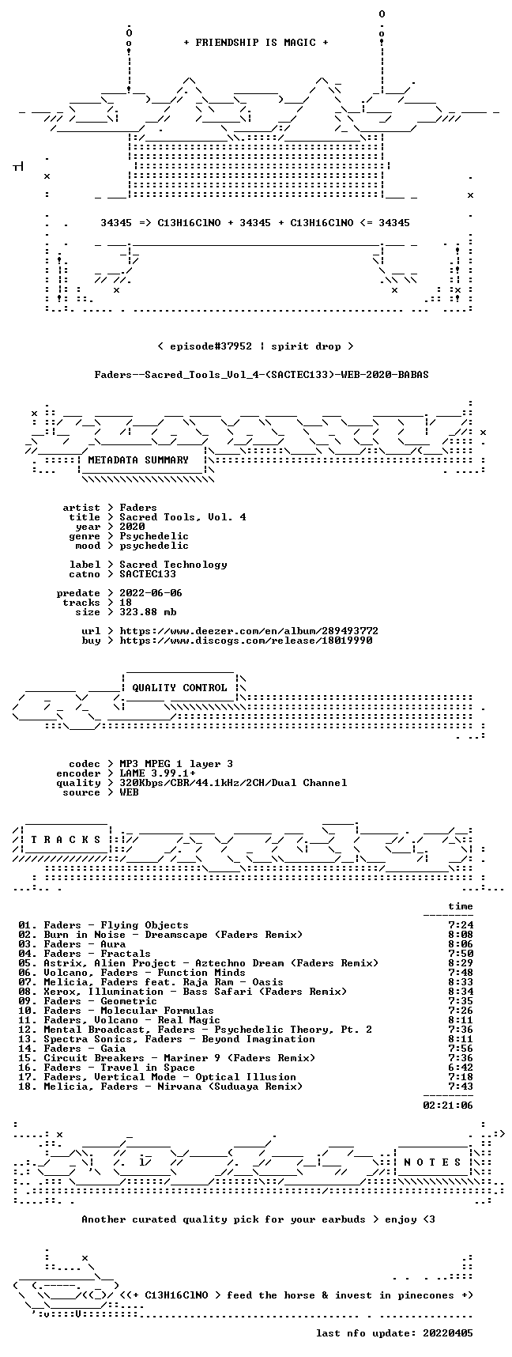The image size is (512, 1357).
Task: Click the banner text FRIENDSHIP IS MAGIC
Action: click(x=255, y=43)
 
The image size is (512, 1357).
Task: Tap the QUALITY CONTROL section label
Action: click(x=179, y=688)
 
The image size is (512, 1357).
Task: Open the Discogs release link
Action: click(x=246, y=641)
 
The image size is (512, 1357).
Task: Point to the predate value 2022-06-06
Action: click(x=151, y=593)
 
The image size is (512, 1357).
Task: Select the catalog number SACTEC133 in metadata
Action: click(x=148, y=574)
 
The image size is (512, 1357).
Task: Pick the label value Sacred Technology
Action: click(x=173, y=565)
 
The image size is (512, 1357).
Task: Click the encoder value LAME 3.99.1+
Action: click(x=157, y=773)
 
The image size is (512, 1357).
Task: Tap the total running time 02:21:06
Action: click(x=448, y=1106)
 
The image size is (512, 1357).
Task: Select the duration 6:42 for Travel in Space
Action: click(x=461, y=1068)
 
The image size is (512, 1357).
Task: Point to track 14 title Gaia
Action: click(x=113, y=1049)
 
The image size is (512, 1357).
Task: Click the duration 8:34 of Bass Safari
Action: click(x=461, y=992)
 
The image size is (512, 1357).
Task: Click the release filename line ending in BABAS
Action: click(x=262, y=375)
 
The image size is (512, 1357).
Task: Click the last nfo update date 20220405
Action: click(x=448, y=1333)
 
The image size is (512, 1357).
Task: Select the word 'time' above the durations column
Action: click(x=461, y=906)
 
